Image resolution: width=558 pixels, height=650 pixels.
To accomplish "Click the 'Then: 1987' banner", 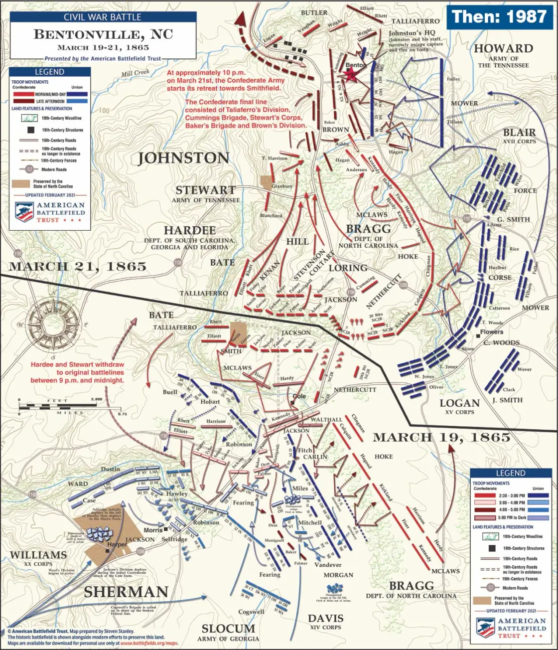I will (x=499, y=16).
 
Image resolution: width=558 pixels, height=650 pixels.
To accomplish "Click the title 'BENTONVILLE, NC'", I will (x=103, y=34).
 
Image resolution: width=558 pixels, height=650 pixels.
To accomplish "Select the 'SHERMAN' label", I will (x=126, y=592).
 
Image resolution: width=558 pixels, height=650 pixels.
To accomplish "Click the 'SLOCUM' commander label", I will (x=228, y=629).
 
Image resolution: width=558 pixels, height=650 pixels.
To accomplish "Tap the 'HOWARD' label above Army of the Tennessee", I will (x=503, y=49).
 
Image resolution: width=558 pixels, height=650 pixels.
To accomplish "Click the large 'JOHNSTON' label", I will (x=183, y=158).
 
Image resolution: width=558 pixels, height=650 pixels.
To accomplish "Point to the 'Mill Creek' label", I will (x=135, y=73).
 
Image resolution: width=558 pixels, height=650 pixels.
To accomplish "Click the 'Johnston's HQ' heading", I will (x=412, y=33).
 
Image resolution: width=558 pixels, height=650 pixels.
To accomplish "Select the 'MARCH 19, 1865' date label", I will (x=441, y=437).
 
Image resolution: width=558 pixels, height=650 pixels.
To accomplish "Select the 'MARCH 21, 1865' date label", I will (x=78, y=266).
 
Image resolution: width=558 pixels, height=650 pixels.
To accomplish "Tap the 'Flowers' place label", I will (x=492, y=332).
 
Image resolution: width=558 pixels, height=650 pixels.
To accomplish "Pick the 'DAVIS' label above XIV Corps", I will (x=325, y=618).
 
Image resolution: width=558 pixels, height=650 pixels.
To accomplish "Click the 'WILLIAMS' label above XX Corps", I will (x=38, y=555).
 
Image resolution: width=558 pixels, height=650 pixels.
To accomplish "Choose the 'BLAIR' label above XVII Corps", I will (x=519, y=133).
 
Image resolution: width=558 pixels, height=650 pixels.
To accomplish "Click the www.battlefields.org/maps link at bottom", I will (x=149, y=643).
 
